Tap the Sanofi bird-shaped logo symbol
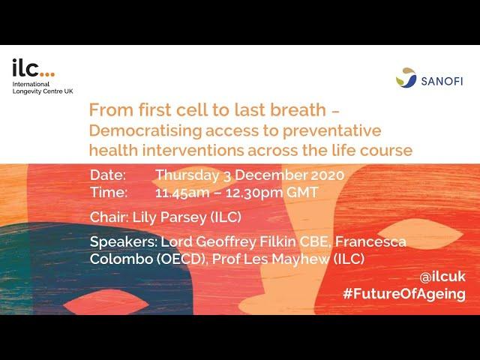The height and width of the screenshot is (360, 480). (x=406, y=78)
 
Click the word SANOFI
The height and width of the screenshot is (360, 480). (x=442, y=82)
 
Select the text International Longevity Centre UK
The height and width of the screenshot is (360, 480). (x=43, y=88)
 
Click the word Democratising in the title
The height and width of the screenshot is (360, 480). (x=145, y=130)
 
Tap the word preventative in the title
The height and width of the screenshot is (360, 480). (x=331, y=131)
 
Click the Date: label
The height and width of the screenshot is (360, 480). (x=108, y=175)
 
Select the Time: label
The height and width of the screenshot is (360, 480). (x=109, y=192)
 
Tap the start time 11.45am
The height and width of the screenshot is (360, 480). (x=182, y=193)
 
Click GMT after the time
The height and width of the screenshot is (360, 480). (x=302, y=192)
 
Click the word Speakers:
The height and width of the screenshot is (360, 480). (x=123, y=242)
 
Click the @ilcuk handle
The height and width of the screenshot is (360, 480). (x=442, y=277)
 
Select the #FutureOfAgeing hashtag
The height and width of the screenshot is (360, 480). (x=404, y=295)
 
